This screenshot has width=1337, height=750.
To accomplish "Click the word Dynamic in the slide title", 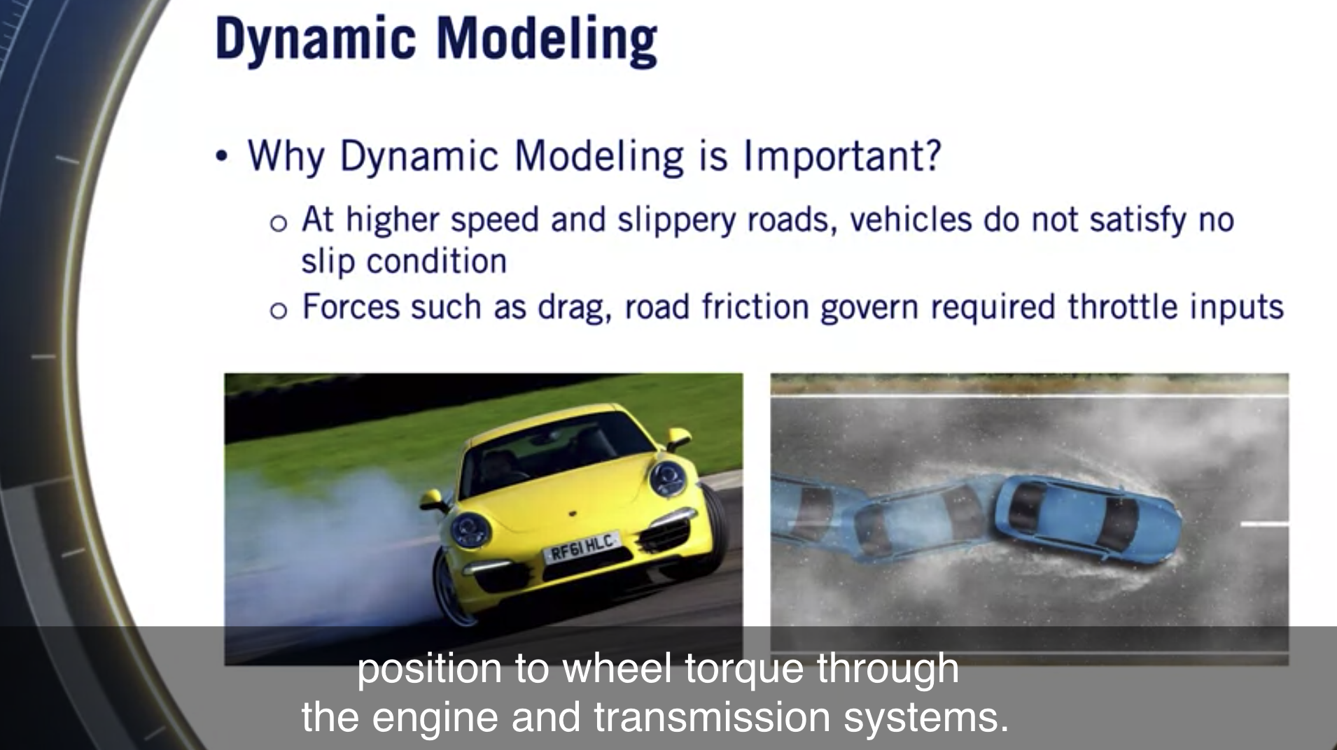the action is [316, 39].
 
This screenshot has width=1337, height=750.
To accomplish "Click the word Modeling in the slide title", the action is [547, 39].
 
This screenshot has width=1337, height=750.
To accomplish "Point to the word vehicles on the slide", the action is [911, 220].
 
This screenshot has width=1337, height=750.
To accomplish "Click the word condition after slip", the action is [436, 262].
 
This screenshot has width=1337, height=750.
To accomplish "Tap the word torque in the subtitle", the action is [744, 669].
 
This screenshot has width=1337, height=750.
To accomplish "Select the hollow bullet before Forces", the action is [278, 311].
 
